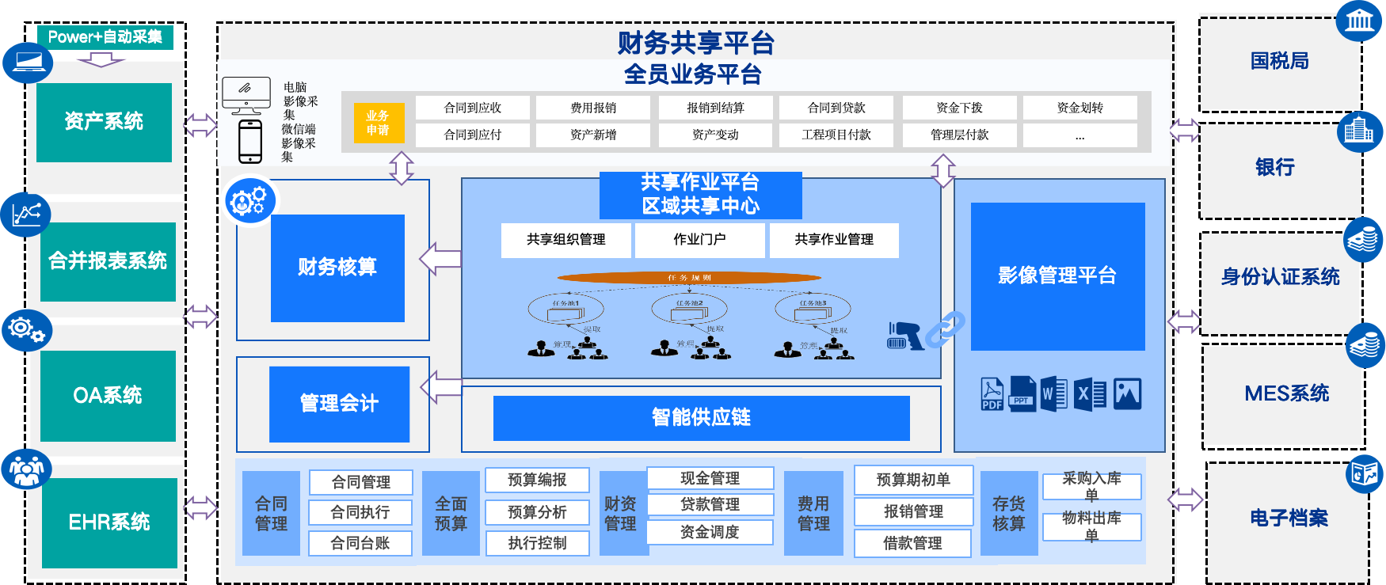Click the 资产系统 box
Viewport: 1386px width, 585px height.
point(104,122)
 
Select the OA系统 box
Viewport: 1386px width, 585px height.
point(108,395)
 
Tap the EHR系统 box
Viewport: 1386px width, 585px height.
point(109,522)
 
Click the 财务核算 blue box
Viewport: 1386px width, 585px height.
point(337,268)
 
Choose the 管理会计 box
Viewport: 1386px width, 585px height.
point(339,404)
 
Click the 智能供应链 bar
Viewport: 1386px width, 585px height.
point(701,418)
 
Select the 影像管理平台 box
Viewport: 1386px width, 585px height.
point(1057,276)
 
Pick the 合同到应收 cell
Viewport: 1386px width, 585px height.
point(473,108)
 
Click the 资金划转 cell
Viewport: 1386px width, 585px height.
point(1079,108)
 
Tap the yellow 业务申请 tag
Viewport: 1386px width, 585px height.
point(379,123)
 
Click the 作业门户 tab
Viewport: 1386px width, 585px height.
point(699,240)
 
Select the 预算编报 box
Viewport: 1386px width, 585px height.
point(537,480)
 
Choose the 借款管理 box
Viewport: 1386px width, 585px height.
point(912,543)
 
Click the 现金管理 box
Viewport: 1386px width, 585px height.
point(710,478)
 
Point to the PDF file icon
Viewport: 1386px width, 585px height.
point(992,393)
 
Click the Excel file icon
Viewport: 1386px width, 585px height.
point(1090,393)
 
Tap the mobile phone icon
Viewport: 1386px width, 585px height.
point(250,142)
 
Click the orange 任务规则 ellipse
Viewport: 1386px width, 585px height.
point(689,278)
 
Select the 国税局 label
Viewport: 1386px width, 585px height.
point(1279,61)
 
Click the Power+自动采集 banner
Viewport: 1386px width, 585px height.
point(105,37)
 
